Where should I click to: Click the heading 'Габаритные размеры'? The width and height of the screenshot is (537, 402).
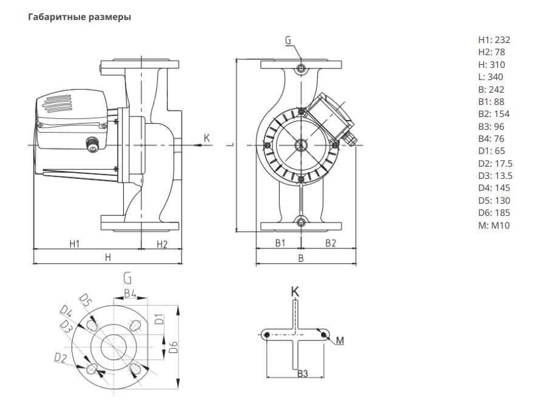(79, 17)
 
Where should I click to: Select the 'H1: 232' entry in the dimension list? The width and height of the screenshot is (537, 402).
(495, 40)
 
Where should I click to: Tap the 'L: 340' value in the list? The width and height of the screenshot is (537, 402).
(491, 77)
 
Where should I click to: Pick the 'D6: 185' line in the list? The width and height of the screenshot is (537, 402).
(494, 213)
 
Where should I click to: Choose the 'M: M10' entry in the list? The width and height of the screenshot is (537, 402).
(495, 226)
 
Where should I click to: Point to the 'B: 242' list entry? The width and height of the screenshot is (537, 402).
(491, 89)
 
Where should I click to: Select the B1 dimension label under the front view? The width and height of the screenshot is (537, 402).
(280, 243)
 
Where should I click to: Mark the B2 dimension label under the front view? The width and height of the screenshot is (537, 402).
(331, 243)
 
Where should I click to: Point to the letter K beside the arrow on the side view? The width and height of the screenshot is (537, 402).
(207, 139)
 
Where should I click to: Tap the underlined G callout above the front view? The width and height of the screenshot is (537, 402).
(288, 41)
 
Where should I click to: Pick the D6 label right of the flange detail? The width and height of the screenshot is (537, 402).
(173, 347)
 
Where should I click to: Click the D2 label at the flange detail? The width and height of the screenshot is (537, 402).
(59, 357)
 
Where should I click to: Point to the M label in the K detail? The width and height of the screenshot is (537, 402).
(340, 341)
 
